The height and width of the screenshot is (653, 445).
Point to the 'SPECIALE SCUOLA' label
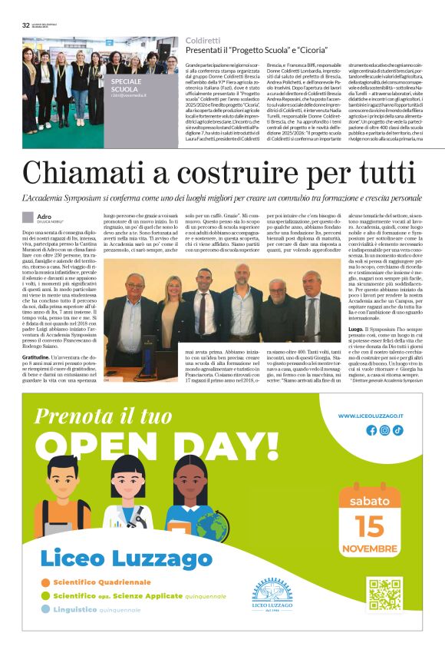(x=126, y=85)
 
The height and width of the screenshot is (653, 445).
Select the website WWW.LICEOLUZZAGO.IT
(x=373, y=416)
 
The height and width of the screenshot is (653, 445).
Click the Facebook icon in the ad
(x=372, y=430)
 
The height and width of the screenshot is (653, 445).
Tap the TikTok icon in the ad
(x=398, y=430)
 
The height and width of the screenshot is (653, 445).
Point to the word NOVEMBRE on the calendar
(x=371, y=527)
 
